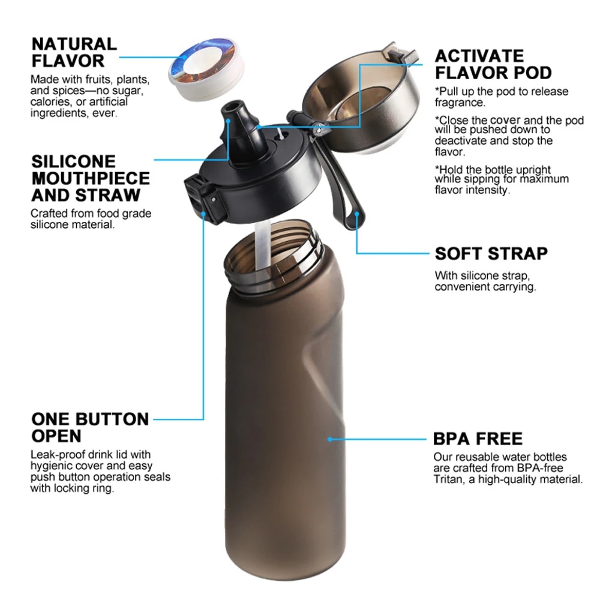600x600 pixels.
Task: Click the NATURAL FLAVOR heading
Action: [x=74, y=52]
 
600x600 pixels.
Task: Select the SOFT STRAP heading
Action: [x=491, y=253]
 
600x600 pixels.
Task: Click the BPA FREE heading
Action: [x=478, y=438]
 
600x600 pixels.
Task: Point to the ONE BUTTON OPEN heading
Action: [x=90, y=427]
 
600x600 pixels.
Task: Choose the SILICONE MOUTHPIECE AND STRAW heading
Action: [x=91, y=178]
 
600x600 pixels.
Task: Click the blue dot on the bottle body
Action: [x=330, y=439]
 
